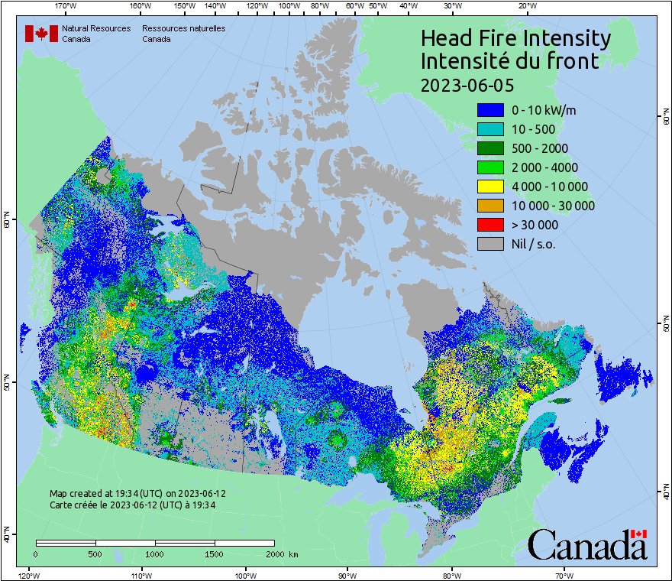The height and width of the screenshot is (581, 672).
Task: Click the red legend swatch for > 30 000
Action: (x=490, y=225)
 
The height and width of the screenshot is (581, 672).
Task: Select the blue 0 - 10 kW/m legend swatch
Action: (x=490, y=110)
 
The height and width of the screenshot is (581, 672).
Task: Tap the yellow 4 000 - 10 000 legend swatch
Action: (x=490, y=187)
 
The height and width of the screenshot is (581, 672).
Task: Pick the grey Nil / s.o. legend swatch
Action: (x=490, y=244)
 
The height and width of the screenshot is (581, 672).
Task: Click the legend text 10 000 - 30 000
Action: (x=553, y=206)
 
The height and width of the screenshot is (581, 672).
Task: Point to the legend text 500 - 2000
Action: (x=540, y=148)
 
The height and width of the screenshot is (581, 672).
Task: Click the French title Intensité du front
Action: (x=510, y=61)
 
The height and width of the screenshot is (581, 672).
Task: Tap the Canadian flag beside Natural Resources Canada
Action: (x=41, y=34)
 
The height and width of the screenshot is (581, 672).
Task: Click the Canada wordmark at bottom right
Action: (x=587, y=544)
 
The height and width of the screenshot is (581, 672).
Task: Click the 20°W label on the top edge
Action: (x=526, y=6)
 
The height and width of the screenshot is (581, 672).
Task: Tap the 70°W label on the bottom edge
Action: (x=564, y=575)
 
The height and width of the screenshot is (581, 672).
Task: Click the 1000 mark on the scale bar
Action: (x=155, y=554)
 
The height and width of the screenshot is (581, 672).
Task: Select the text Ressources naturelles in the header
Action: (x=183, y=28)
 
